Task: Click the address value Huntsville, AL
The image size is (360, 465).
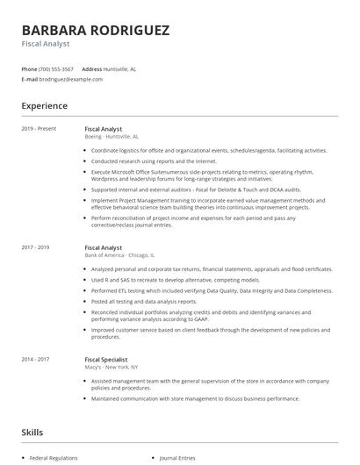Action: [120, 68]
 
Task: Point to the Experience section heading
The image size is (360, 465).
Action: [44, 106]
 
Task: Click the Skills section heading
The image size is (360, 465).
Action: [32, 433]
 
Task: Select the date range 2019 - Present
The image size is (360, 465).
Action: [39, 129]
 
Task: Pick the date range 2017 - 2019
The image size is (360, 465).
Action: [35, 247]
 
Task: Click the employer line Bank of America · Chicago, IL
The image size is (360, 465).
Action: [119, 255]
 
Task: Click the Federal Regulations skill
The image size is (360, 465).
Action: [54, 458]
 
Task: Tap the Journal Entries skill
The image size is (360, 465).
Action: [176, 458]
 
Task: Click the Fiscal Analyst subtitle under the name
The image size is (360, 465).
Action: [46, 43]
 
